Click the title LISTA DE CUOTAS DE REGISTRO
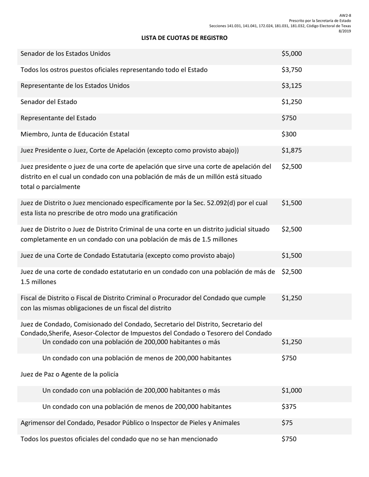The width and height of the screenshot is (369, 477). [184, 38]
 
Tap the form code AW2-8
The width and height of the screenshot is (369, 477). [345, 16]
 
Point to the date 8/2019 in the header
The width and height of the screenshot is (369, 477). [345, 31]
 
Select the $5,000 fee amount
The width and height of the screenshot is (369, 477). [291, 54]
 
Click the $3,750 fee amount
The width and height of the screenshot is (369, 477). [291, 70]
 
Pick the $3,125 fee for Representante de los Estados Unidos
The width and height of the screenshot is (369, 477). [291, 86]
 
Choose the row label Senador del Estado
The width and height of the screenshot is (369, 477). [49, 102]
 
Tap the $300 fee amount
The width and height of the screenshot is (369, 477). [289, 134]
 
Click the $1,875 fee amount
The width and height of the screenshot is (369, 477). [291, 150]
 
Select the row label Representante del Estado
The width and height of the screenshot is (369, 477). [58, 118]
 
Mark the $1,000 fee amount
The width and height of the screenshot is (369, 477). [291, 391]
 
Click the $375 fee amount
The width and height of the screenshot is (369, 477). [289, 406]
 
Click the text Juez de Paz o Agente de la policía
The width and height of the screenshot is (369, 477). [69, 374]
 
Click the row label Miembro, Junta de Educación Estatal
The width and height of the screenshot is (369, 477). [75, 134]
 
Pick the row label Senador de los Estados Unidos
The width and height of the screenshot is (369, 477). [65, 54]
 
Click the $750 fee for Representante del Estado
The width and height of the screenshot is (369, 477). [289, 118]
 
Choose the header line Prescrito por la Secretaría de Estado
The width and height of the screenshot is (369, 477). [320, 21]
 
